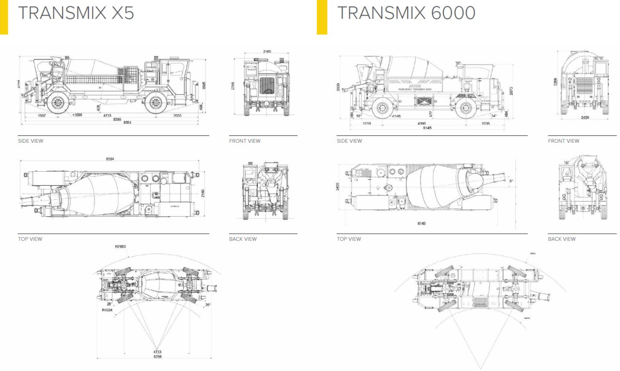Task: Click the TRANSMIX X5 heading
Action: click(x=76, y=13)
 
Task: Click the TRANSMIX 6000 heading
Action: click(x=406, y=13)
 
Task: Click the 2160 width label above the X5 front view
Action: click(x=267, y=51)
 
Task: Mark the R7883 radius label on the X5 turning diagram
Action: click(x=120, y=247)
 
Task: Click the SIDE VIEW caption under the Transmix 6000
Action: click(x=349, y=141)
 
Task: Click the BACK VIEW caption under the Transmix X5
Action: click(x=243, y=239)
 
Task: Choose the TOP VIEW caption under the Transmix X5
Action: click(x=30, y=239)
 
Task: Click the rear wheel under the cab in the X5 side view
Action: click(x=155, y=103)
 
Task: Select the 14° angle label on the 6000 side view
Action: click(x=495, y=116)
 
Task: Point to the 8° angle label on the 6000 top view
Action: click(x=511, y=182)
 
